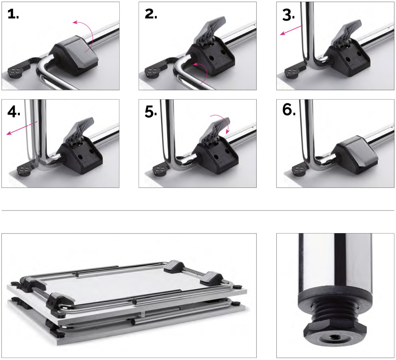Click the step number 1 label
click(x=13, y=14)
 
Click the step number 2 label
click(x=151, y=14)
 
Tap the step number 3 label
click(x=288, y=15)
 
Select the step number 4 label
click(x=13, y=111)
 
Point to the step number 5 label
click(x=151, y=111)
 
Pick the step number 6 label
click(x=289, y=110)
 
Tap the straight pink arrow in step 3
click(x=291, y=30)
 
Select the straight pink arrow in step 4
click(x=22, y=128)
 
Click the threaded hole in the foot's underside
click(x=335, y=337)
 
